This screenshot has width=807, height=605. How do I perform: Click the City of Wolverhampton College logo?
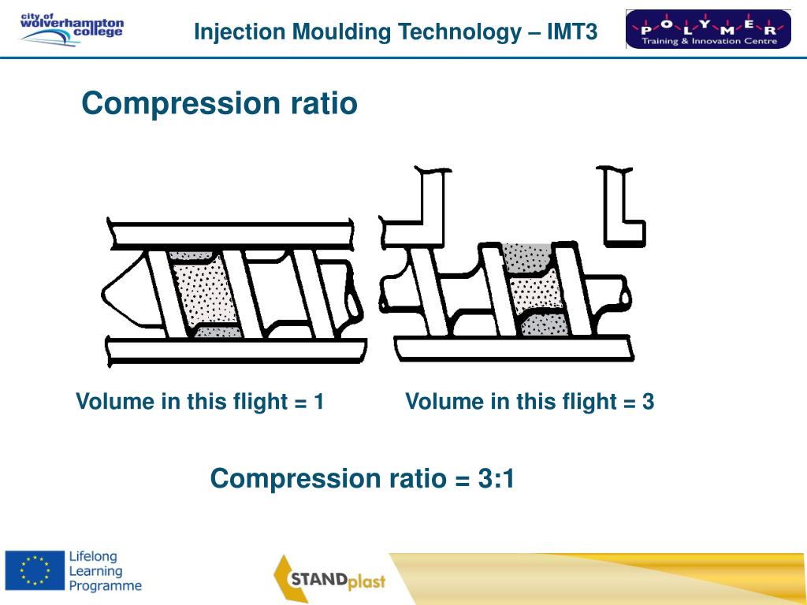click(72, 29)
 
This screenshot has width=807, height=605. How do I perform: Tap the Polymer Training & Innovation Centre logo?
click(708, 29)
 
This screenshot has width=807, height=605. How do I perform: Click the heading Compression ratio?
click(219, 103)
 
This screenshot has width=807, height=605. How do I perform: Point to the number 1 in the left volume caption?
click(318, 402)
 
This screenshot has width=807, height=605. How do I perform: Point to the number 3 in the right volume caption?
click(648, 402)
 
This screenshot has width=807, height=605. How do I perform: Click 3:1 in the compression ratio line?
click(496, 478)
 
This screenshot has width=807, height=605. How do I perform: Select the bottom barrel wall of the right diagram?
click(512, 347)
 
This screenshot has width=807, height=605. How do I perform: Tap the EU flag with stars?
click(34, 569)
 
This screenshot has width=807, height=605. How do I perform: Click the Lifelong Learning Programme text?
click(105, 570)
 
